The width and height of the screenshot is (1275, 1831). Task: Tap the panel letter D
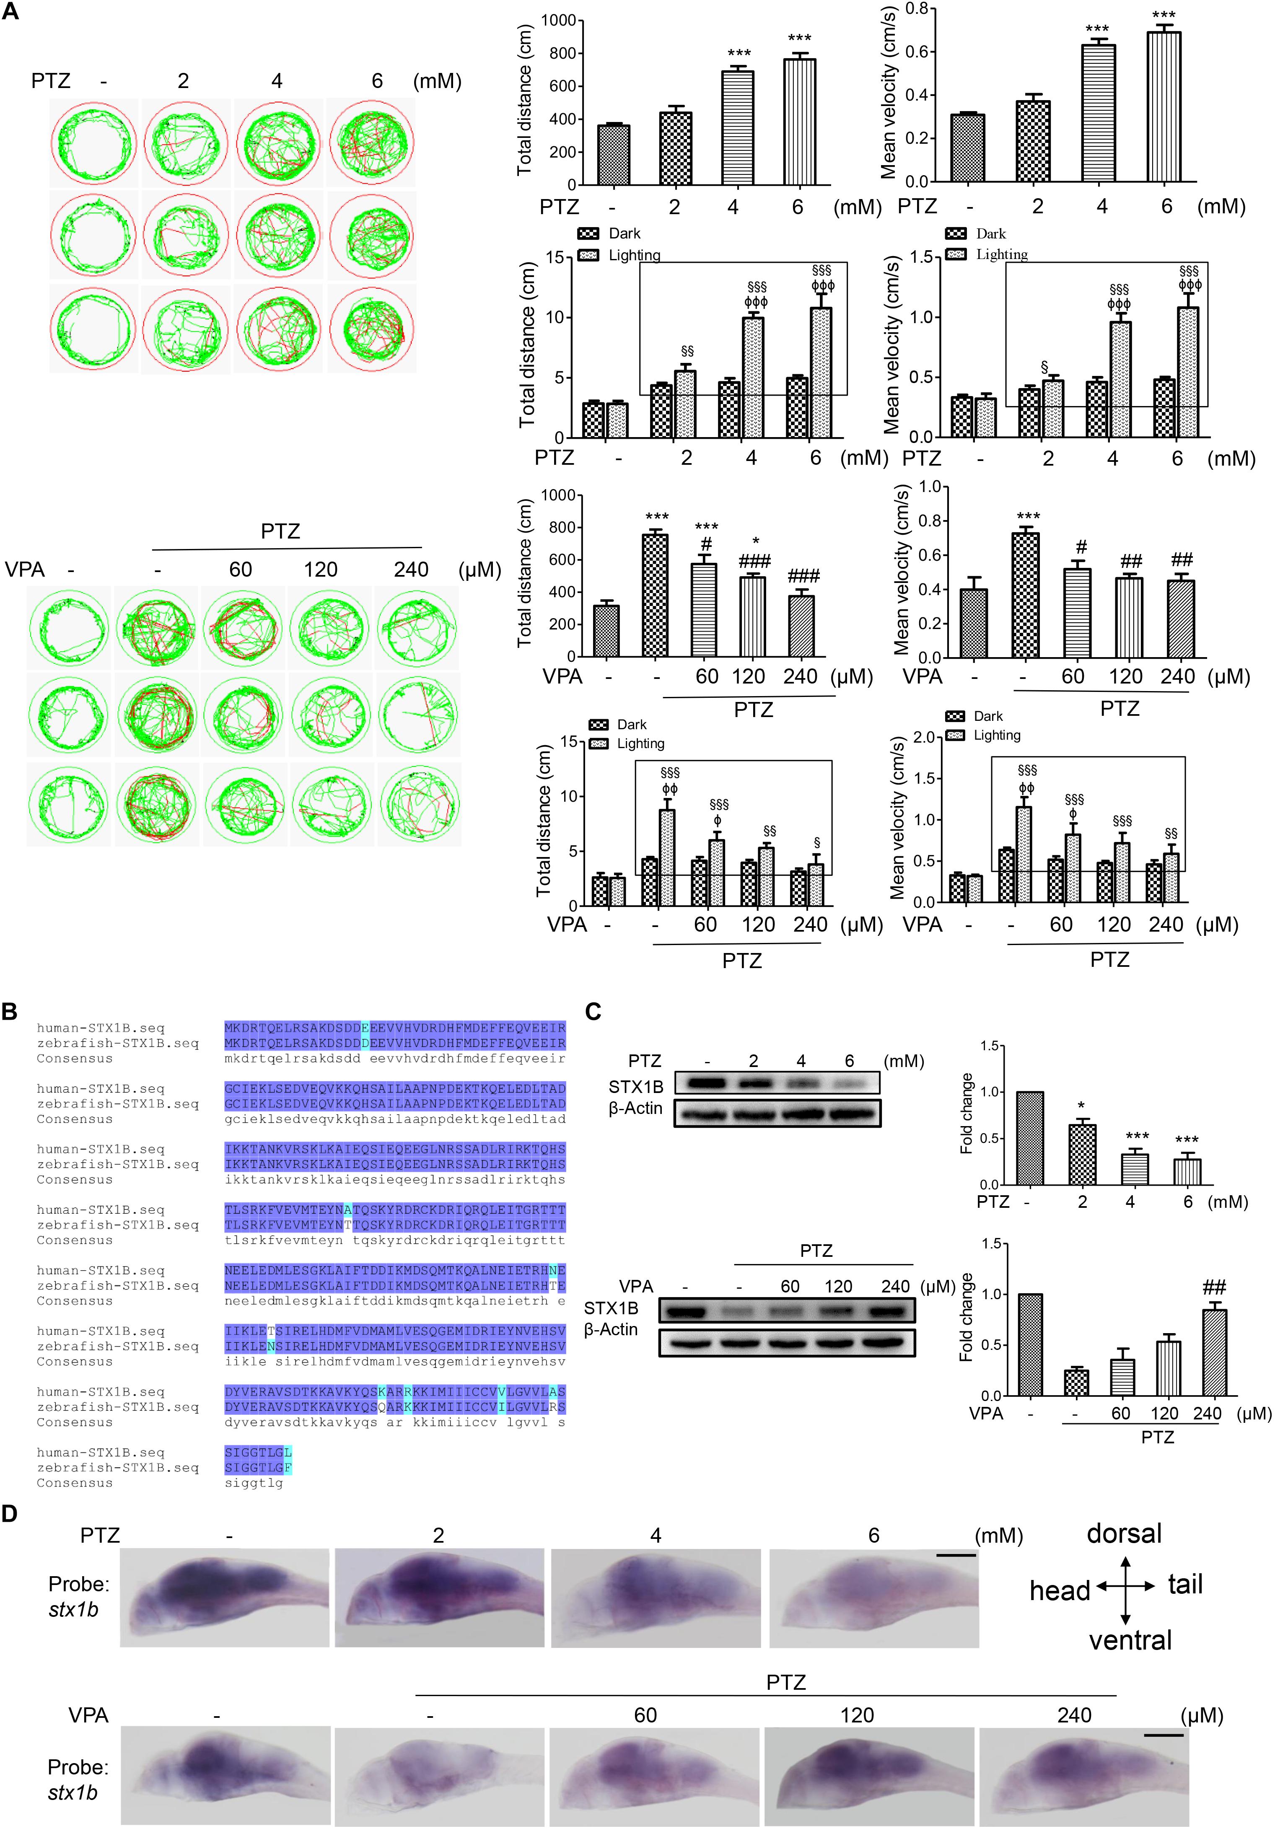click(10, 1513)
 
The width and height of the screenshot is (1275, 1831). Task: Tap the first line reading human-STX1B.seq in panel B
click(101, 1028)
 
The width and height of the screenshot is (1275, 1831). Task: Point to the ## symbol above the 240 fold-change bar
click(1213, 1287)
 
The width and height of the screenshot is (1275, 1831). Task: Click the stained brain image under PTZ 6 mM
click(873, 1597)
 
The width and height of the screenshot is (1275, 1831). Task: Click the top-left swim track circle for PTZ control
click(93, 144)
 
